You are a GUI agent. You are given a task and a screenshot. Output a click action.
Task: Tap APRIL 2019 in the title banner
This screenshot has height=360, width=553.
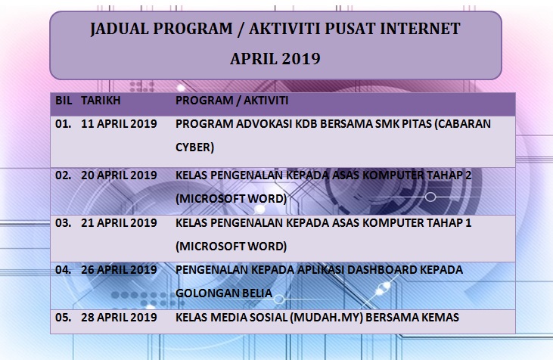click(275, 58)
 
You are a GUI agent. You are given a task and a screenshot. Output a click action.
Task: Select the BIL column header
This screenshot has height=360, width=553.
click(63, 100)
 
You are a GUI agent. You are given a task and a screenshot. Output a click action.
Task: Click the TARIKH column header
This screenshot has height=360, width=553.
click(101, 100)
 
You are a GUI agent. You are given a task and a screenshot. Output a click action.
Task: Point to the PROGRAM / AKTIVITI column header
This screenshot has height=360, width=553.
click(231, 100)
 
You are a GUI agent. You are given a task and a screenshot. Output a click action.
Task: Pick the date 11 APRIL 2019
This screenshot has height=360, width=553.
click(119, 123)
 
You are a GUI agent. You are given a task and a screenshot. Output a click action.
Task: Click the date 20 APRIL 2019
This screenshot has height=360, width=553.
click(119, 175)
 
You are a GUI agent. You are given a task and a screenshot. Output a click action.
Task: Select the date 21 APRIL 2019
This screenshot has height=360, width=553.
click(119, 223)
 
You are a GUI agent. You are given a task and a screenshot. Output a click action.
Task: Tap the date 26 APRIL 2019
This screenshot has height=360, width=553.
click(119, 270)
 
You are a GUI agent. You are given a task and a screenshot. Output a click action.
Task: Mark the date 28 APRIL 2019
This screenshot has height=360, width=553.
click(119, 318)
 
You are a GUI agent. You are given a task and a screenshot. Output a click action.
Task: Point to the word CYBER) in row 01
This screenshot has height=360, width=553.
click(194, 147)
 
